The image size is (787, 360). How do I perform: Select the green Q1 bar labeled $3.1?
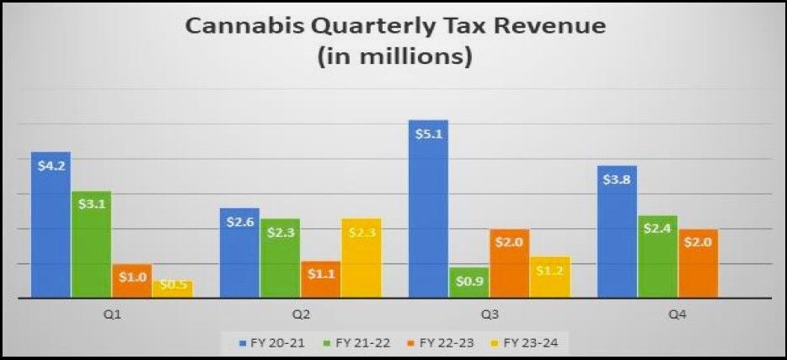point(91,244)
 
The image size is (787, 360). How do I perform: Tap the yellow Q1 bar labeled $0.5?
point(172,288)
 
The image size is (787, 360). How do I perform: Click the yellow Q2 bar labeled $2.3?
point(361,258)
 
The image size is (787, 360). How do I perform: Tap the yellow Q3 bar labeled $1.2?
point(550,277)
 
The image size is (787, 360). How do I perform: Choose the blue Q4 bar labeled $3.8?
point(618,231)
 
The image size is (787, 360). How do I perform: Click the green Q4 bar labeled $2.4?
point(658,256)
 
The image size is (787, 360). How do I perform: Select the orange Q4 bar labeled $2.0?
point(699,263)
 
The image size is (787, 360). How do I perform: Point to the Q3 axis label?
point(490,314)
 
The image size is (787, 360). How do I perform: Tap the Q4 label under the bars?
point(678,314)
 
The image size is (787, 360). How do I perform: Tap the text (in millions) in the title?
point(393,59)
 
